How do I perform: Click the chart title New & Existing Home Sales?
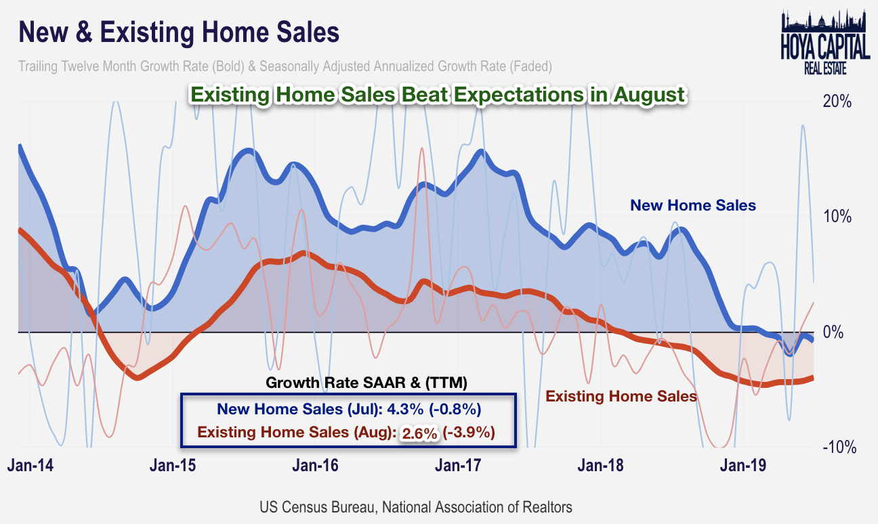tap(179, 32)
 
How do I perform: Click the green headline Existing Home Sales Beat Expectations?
tap(437, 95)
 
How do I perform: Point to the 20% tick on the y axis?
tap(837, 102)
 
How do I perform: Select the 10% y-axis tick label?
tap(837, 217)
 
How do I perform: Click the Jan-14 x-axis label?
tap(30, 466)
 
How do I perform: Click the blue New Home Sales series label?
tap(692, 205)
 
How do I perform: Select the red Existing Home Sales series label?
tap(621, 396)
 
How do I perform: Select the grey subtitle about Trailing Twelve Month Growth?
tap(285, 67)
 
